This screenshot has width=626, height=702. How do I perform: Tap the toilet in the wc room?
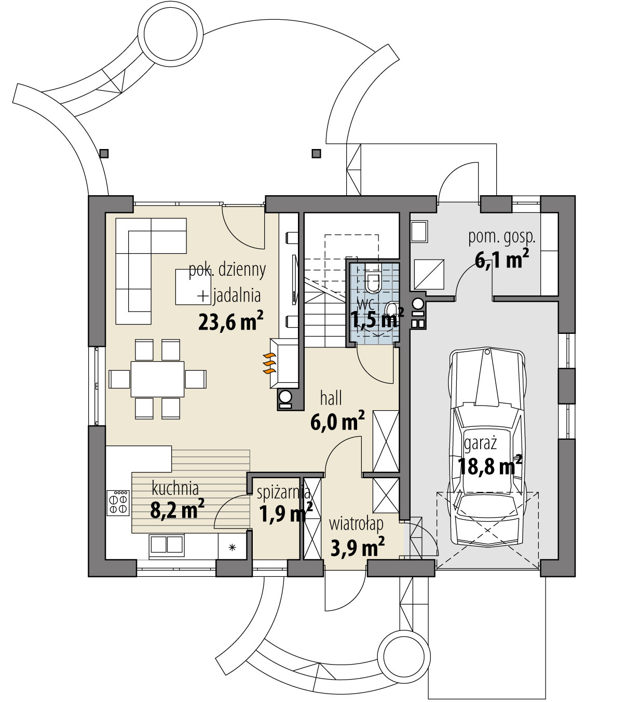point(373,281)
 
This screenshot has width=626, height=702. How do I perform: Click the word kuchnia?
point(175,489)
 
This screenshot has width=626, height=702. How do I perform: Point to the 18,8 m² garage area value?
point(489,466)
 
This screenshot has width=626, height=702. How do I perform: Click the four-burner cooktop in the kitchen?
point(118,502)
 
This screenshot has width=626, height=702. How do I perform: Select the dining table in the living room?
point(157,379)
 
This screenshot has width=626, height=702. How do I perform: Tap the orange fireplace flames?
point(268,363)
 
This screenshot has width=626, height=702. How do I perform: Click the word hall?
point(331,398)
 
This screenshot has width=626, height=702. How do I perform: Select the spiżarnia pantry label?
point(283,492)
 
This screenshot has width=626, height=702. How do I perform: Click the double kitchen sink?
point(166,544)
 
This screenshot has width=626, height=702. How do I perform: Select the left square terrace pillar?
point(104,153)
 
